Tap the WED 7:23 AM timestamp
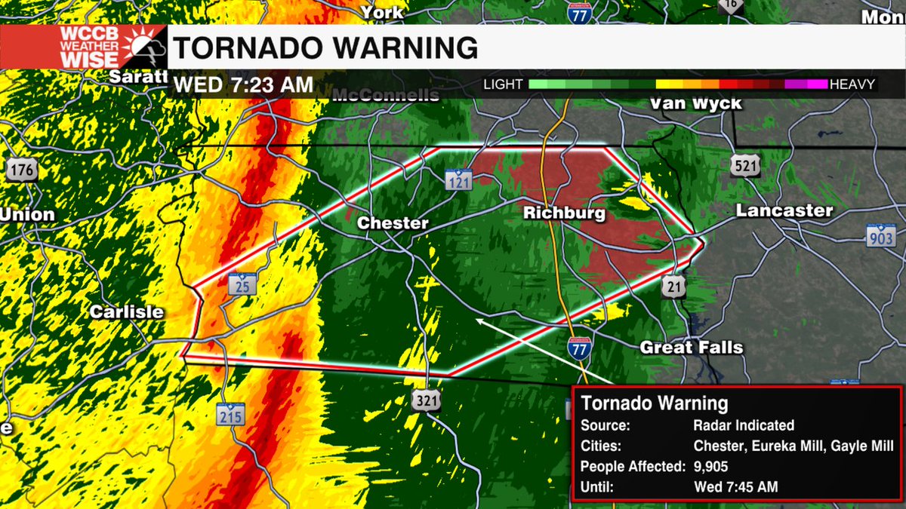pos(243,84)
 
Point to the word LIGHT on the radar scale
pos(503,84)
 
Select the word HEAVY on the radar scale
pos(852,84)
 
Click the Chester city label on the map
pos(393,223)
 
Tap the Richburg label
pos(564,214)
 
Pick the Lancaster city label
pos(784,211)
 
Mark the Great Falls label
pos(692,348)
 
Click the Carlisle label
pos(127,311)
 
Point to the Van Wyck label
pos(695,103)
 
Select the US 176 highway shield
pos(22,170)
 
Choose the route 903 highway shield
pos(880,237)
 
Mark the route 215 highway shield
pos(230,414)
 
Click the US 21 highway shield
pos(675,286)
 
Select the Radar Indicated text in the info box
pos(743,425)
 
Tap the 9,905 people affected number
pos(712,467)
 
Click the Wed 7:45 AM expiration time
pos(735,487)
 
